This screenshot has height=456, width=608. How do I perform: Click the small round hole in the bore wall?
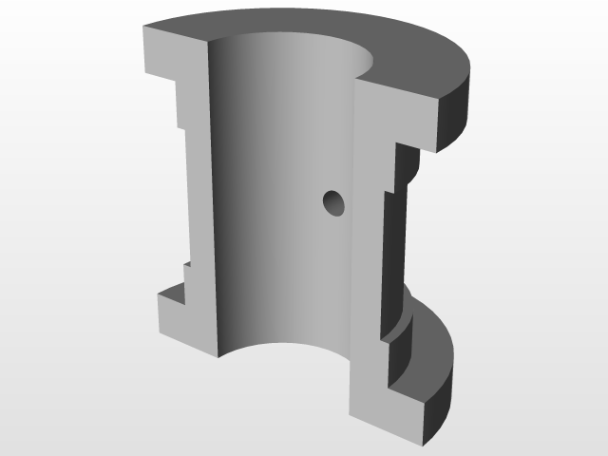click(x=333, y=201)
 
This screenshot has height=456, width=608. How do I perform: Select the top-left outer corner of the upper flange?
click(x=143, y=29)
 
